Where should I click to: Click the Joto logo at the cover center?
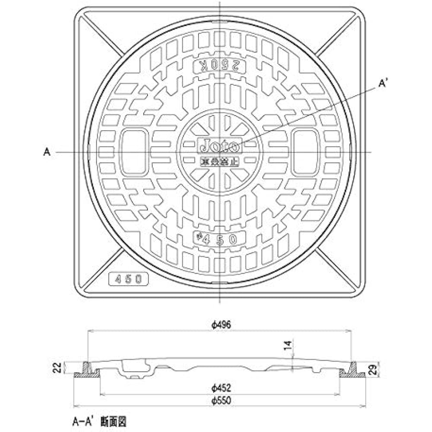[x=219, y=146]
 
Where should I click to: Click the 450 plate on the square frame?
[x=128, y=279]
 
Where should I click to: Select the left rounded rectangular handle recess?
[x=134, y=152]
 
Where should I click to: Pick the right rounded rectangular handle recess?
[x=305, y=152]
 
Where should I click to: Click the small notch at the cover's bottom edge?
[x=219, y=283]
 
